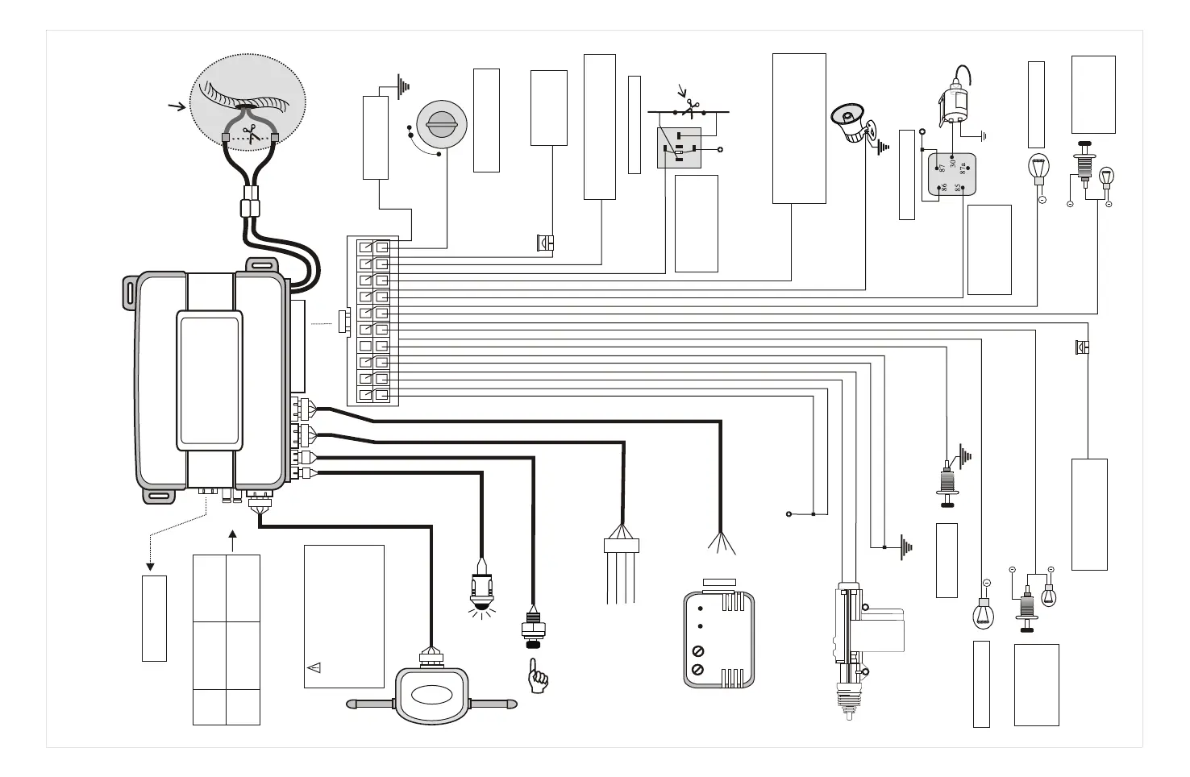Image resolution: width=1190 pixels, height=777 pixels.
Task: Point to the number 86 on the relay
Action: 942,188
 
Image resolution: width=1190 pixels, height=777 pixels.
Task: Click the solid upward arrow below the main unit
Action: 232,537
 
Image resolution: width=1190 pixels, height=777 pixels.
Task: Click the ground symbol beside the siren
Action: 883,148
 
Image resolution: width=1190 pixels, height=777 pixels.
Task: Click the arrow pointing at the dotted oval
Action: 176,106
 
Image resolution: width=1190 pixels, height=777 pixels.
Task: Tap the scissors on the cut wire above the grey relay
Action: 690,106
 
